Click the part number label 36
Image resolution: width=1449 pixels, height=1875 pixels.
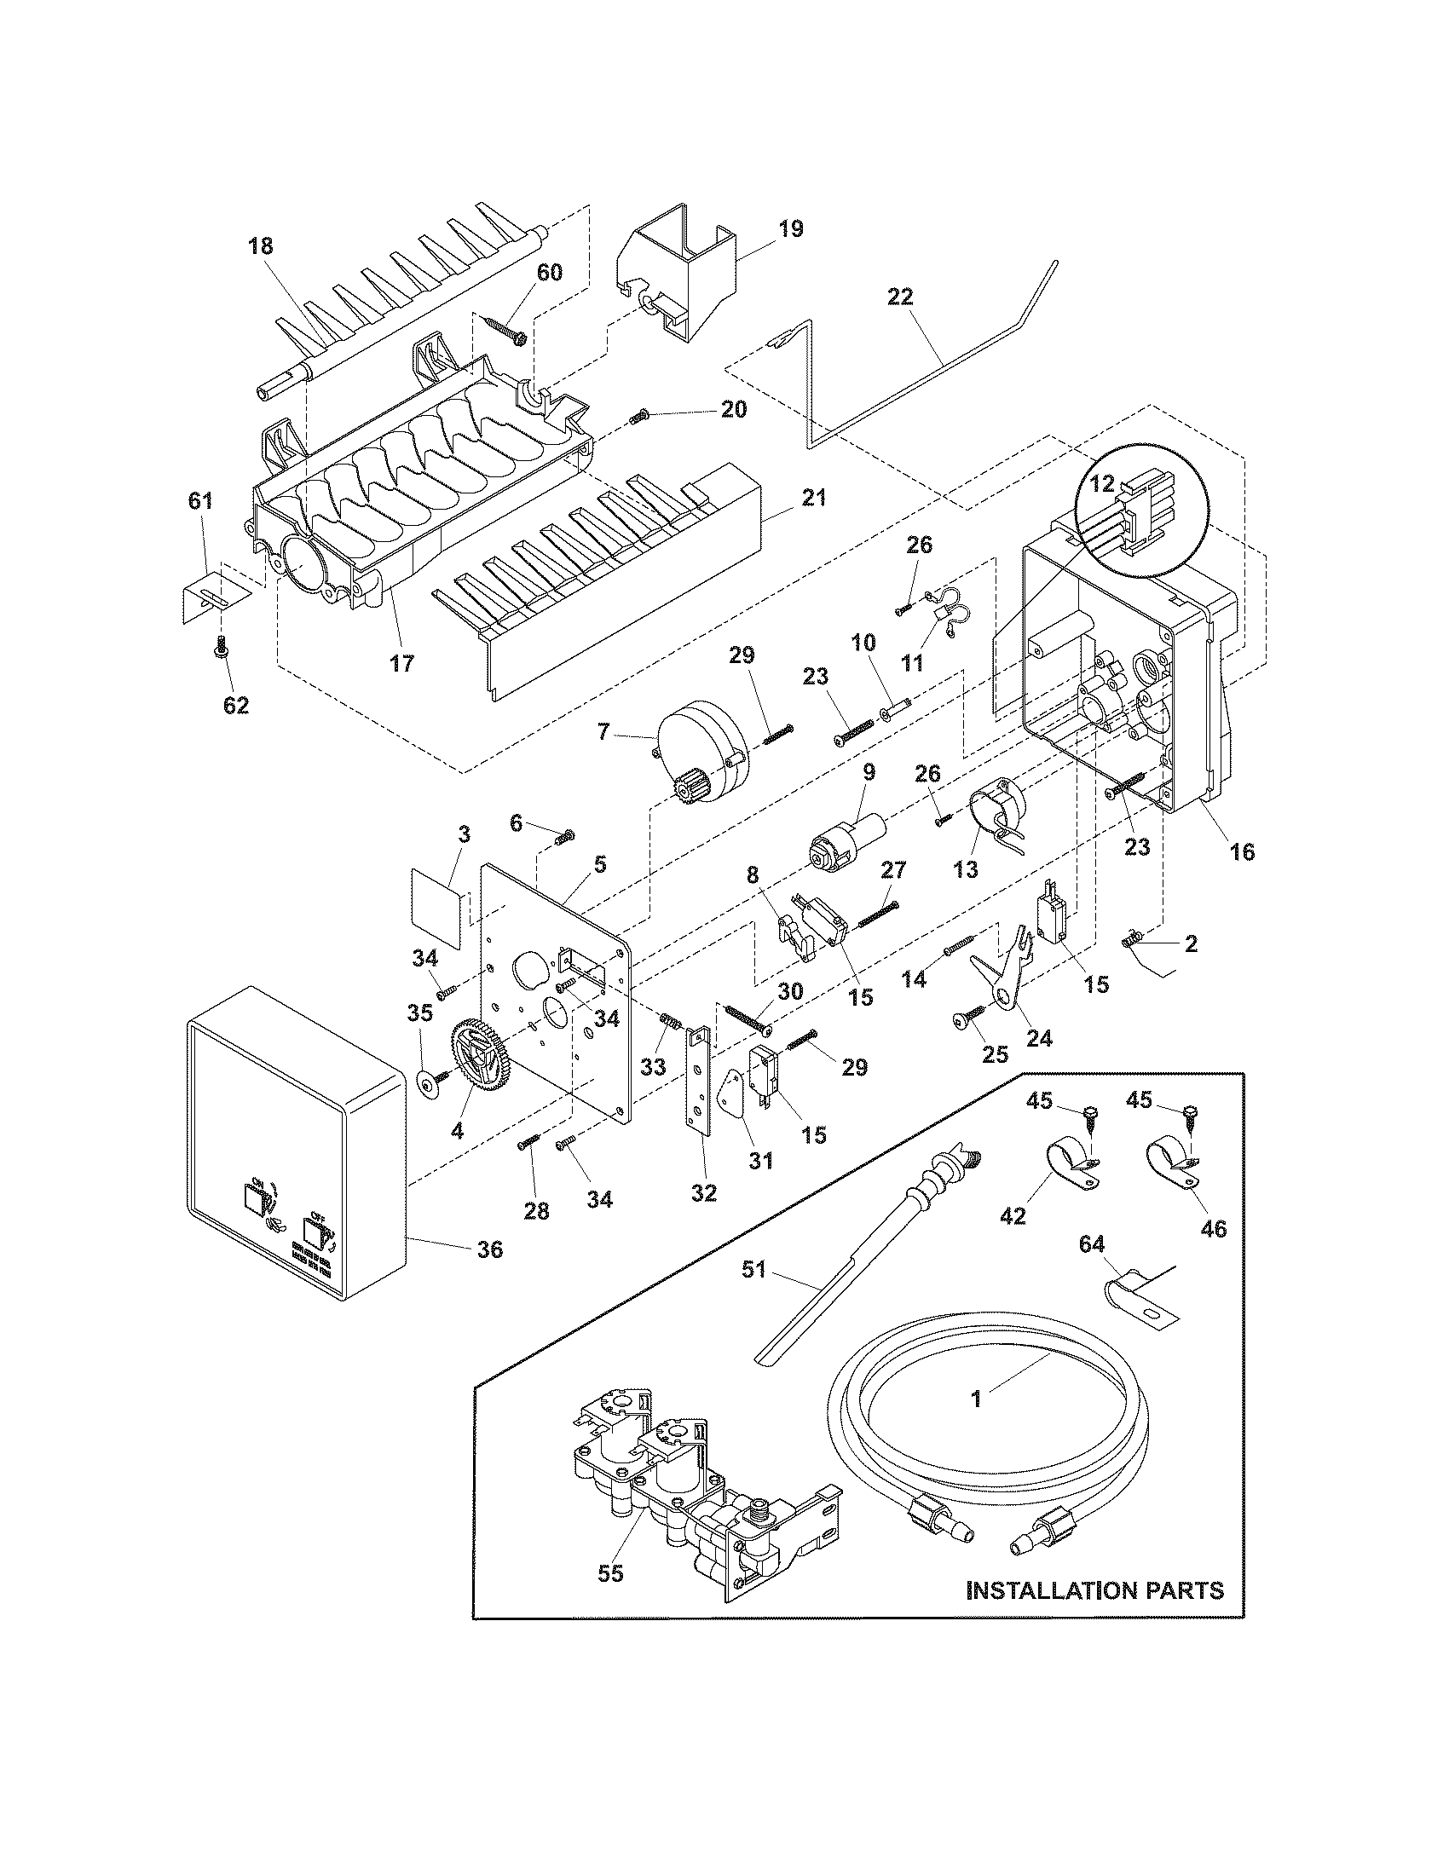click(x=490, y=1249)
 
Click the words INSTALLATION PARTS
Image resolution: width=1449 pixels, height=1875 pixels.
click(x=1094, y=1590)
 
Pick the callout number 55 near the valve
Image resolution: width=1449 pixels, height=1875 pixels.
click(x=611, y=1572)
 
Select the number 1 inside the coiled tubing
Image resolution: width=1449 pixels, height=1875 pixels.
click(x=976, y=1399)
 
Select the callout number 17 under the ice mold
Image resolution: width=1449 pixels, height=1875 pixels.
click(x=401, y=663)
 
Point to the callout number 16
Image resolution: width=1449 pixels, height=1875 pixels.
click(x=1242, y=851)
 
